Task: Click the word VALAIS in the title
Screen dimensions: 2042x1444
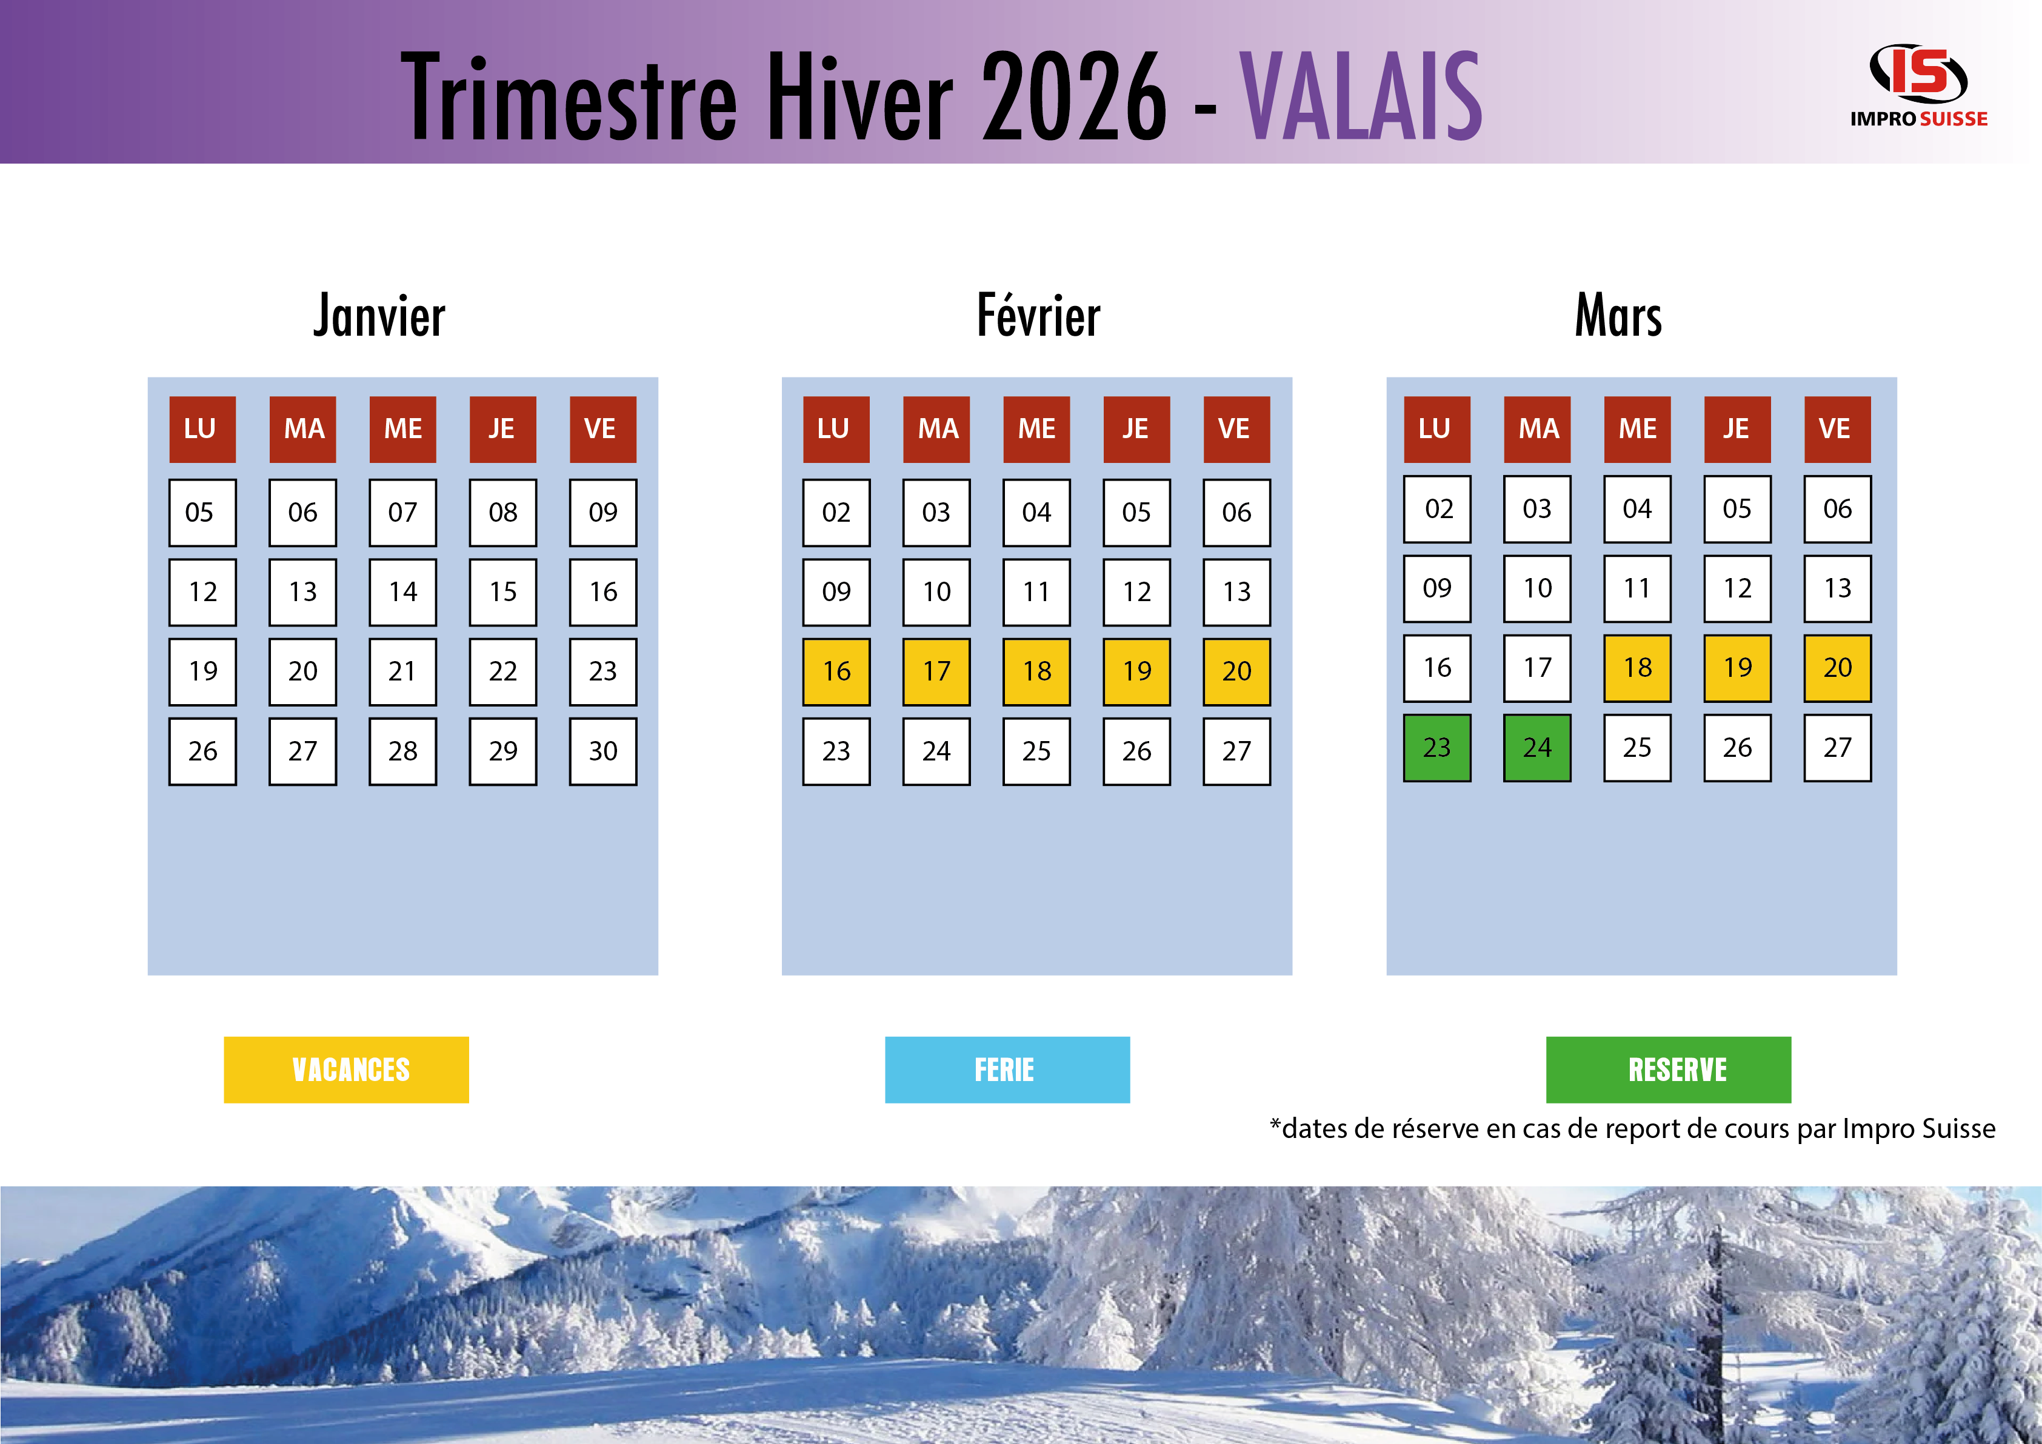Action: coord(1361,95)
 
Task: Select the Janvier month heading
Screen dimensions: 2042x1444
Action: coord(380,316)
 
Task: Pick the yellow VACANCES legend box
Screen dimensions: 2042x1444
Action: coord(346,1070)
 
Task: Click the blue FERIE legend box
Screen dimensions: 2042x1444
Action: coord(1007,1070)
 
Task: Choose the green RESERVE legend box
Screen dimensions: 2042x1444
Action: coord(1669,1070)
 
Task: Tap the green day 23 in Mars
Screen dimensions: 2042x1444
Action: coord(1437,748)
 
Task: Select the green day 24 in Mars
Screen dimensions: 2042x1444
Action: coord(1537,748)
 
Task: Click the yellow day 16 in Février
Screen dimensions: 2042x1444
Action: coord(836,671)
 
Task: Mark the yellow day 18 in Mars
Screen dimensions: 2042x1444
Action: coord(1637,668)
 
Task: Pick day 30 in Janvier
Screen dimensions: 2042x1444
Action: coord(603,751)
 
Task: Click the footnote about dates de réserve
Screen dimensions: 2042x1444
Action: coord(1633,1128)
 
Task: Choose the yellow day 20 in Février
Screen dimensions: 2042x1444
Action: coord(1236,671)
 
